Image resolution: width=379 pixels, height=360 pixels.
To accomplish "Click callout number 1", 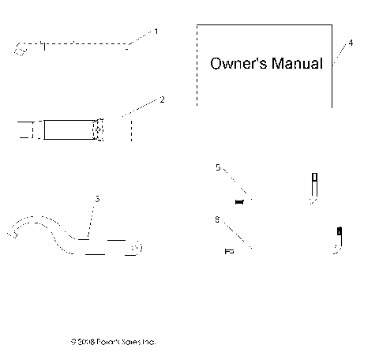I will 156,31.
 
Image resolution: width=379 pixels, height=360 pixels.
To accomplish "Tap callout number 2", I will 162,100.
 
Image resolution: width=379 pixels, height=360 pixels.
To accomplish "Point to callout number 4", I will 351,42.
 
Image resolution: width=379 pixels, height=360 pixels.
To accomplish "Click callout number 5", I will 218,167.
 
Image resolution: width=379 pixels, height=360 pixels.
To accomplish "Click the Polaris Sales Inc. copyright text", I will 113,342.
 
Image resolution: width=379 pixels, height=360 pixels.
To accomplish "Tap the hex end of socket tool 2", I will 99,129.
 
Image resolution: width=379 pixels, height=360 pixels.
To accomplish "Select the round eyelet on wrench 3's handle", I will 137,249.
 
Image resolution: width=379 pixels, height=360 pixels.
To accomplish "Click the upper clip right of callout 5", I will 313,187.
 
